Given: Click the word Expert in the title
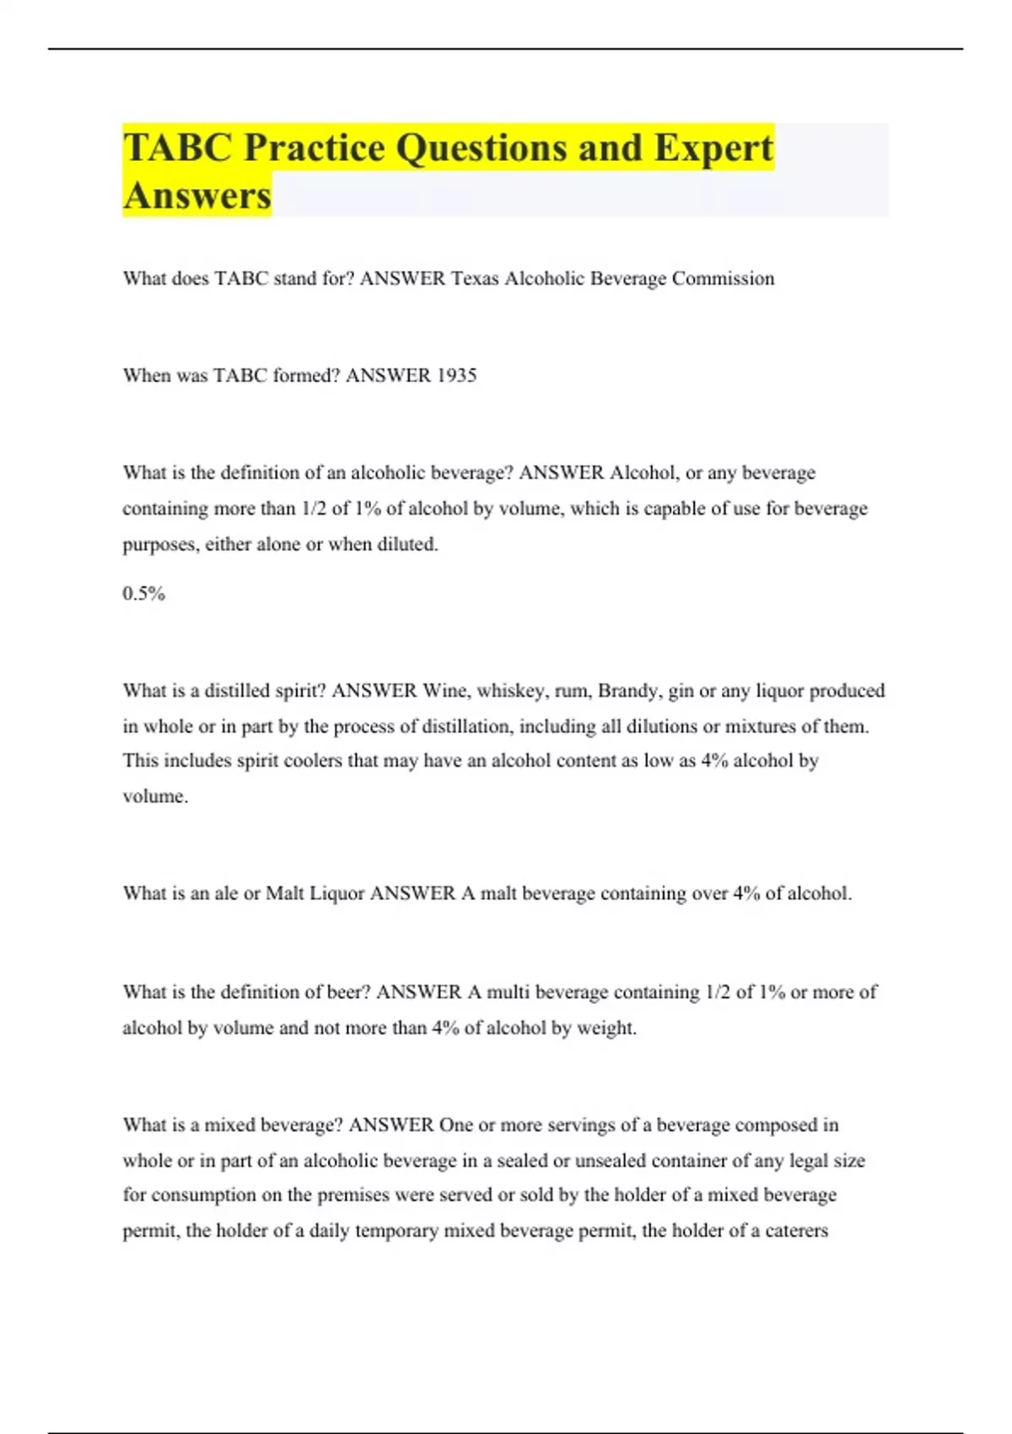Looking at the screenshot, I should click(x=713, y=148).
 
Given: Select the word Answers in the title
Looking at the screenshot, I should click(x=197, y=196).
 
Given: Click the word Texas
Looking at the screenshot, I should click(x=475, y=278).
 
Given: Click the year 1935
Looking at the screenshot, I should click(x=456, y=375).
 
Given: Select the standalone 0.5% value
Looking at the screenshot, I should click(x=143, y=594).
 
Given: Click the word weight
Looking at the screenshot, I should click(x=606, y=1028).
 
